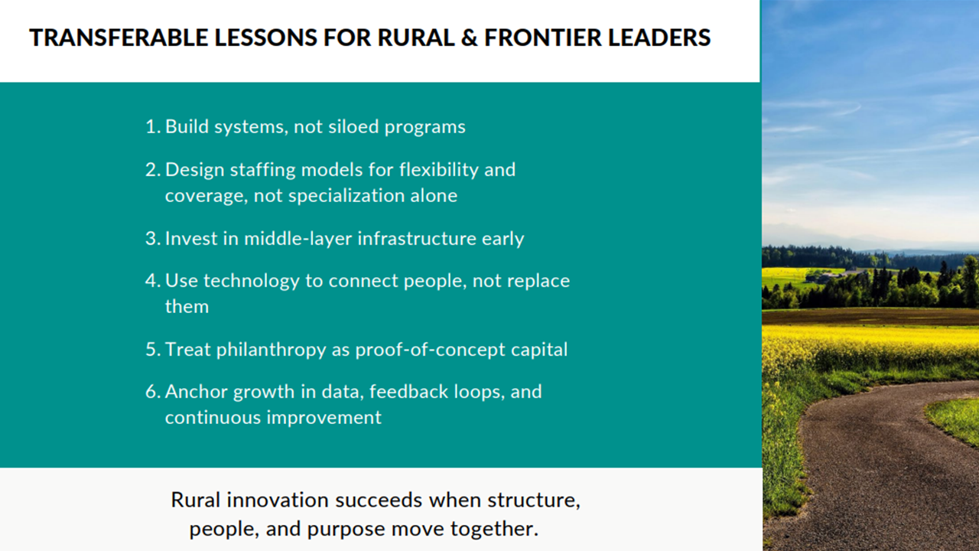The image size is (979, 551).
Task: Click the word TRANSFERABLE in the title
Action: coord(119,37)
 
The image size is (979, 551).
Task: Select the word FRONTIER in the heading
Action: coord(543,37)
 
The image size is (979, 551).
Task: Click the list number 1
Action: coord(152,127)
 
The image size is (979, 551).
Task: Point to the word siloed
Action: coord(353,127)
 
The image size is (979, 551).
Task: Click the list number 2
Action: coord(152,170)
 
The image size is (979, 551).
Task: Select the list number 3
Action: coord(152,239)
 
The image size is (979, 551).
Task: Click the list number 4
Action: coord(152,281)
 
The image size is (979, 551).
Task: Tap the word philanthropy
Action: coord(271,350)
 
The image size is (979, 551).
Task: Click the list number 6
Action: coord(152,392)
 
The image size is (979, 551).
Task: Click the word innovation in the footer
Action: coord(278,500)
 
